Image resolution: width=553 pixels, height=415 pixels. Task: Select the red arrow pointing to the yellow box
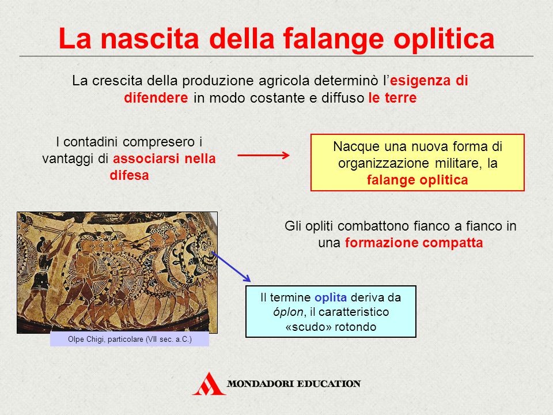[x=263, y=155]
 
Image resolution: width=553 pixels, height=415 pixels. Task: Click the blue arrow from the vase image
[x=231, y=266]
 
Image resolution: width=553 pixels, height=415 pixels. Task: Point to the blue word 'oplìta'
[x=331, y=297]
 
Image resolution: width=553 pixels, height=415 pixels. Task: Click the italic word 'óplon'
[x=288, y=312]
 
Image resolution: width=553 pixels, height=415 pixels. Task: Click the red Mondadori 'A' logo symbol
[x=209, y=384]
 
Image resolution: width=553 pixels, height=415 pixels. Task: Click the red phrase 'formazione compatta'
[x=414, y=243]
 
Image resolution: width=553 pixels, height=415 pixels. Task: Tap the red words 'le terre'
[x=392, y=98]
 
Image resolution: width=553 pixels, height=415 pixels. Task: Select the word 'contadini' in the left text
[x=92, y=142]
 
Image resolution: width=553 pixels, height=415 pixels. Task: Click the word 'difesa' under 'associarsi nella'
[x=129, y=175]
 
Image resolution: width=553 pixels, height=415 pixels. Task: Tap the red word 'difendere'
[x=156, y=98]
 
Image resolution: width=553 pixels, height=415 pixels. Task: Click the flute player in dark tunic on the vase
[x=42, y=271]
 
